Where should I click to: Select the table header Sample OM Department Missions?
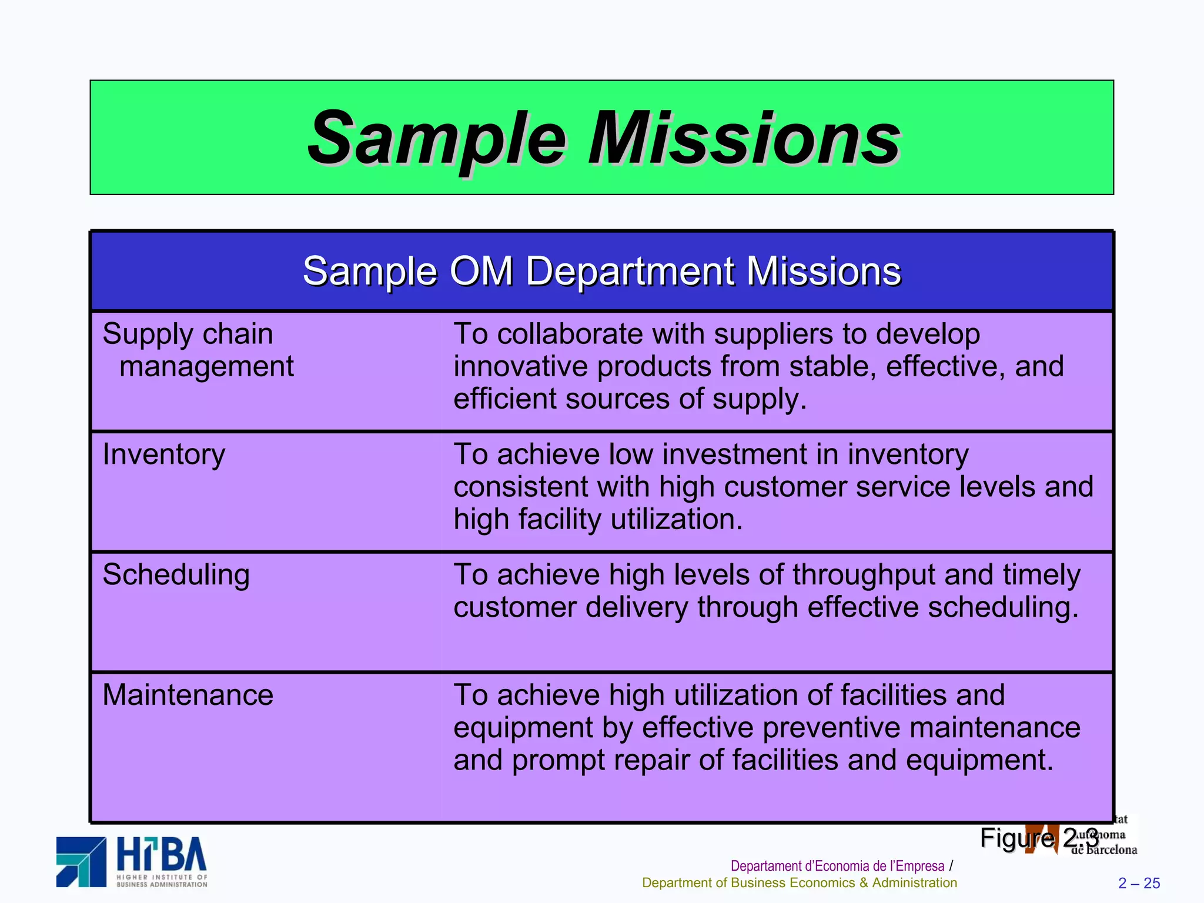pos(601,271)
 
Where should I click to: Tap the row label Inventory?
pos(163,454)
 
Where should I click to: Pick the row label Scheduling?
pos(176,575)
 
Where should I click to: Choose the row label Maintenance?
pos(188,695)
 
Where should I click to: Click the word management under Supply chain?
pos(206,366)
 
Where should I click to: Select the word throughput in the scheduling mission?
pos(863,575)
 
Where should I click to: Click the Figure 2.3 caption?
pos(1039,837)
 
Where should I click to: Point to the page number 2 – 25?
pos(1139,883)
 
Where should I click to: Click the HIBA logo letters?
pos(161,855)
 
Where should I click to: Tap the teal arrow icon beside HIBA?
pos(82,861)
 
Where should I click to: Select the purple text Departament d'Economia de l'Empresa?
pos(837,866)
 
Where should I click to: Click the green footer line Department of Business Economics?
pos(799,882)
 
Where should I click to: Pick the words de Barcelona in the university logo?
pos(1105,850)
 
